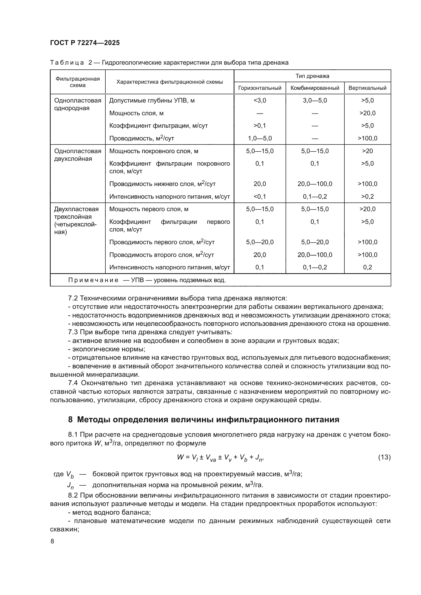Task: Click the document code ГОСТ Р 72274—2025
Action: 85,43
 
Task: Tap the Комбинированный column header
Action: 315,88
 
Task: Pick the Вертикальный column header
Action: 367,88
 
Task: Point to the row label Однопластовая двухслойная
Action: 78,155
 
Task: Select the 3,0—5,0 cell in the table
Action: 315,100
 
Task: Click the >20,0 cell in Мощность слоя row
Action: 367,113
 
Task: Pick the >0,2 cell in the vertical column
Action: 367,197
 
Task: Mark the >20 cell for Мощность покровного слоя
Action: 367,151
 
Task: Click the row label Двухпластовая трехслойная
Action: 76,213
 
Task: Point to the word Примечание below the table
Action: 93,280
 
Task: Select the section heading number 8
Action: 70,419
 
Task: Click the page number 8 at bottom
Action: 52,541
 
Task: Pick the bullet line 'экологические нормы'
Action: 108,349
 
